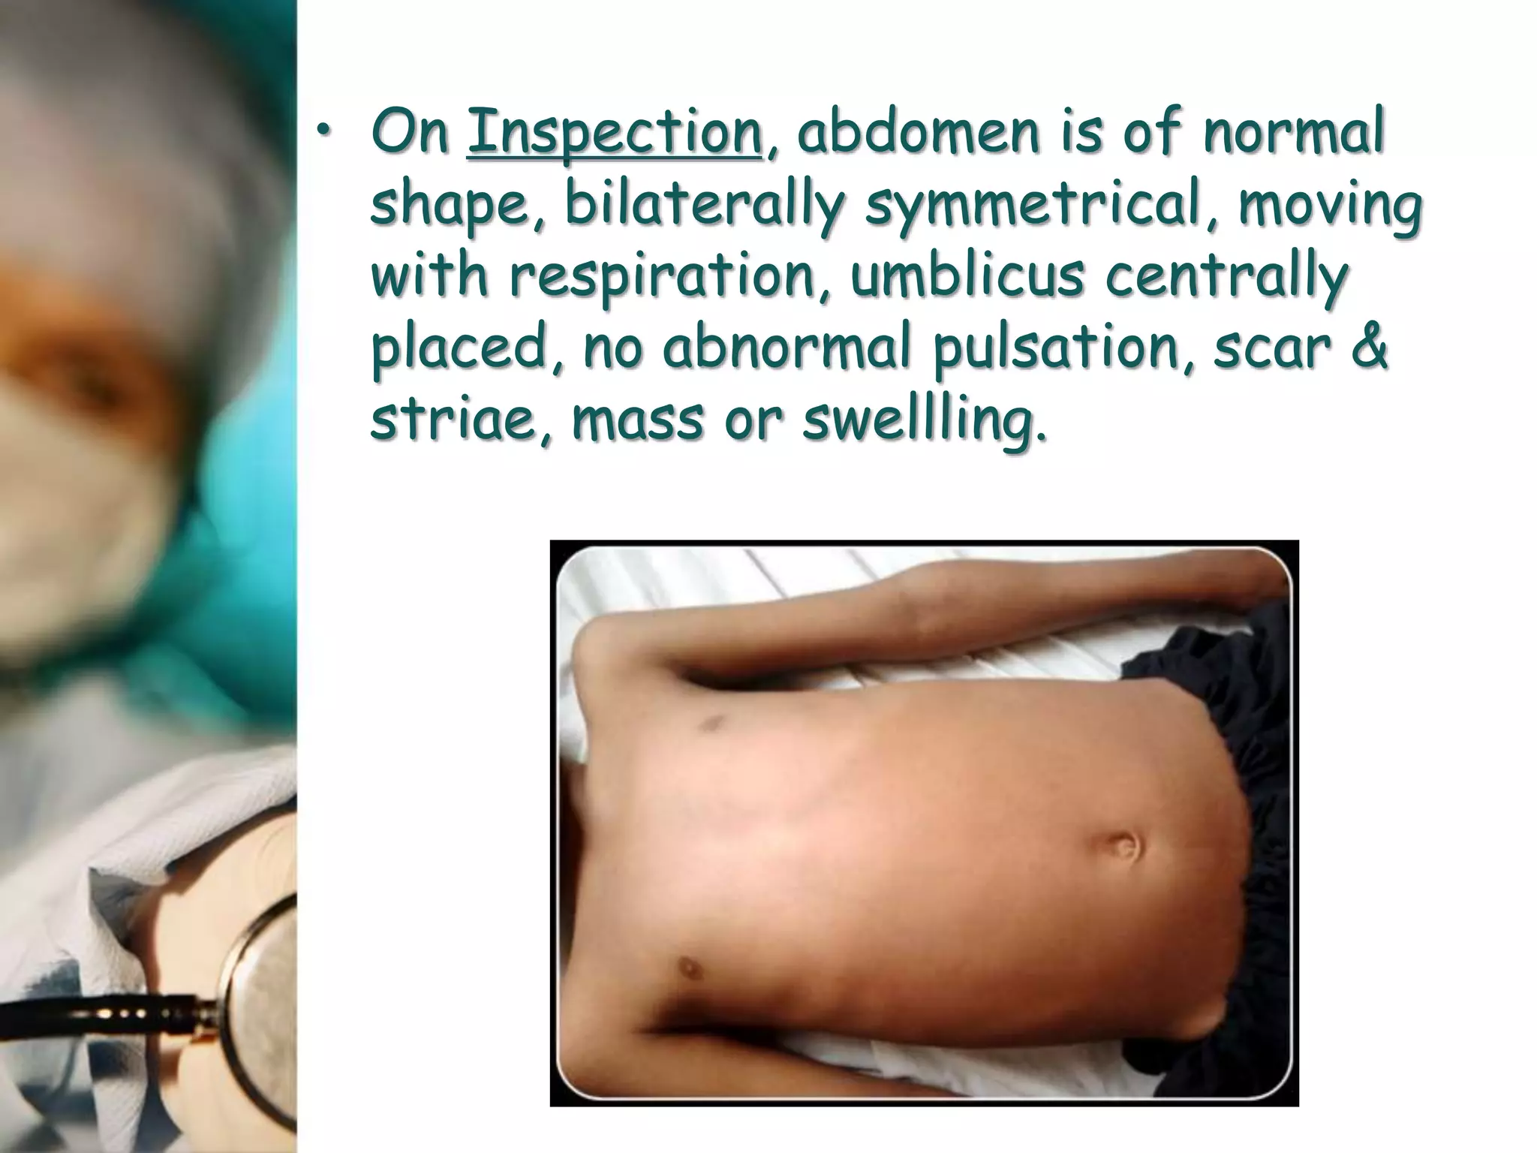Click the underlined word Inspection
(614, 134)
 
